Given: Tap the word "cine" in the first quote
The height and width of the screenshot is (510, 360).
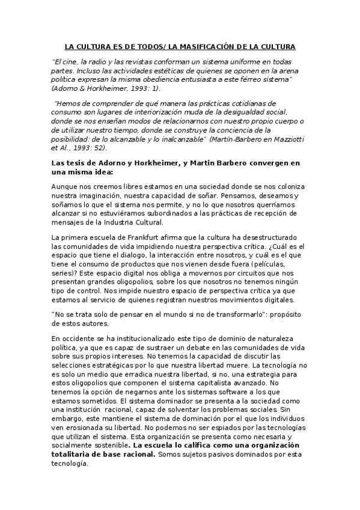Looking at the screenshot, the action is coord(70,61).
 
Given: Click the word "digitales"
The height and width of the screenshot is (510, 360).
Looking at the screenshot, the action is coord(275,300).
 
